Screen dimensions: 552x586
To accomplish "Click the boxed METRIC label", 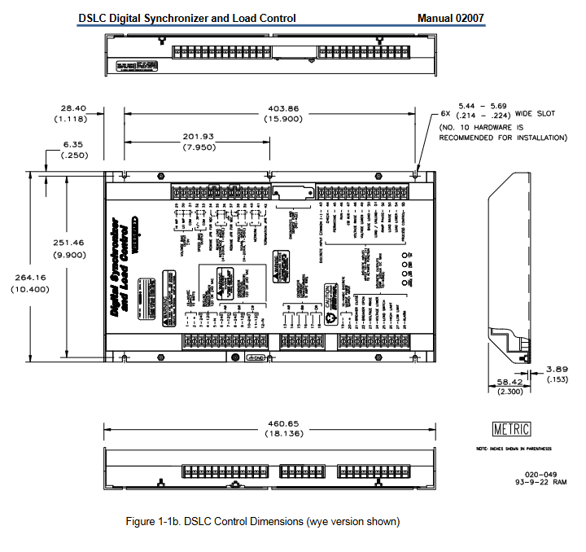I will (512, 429).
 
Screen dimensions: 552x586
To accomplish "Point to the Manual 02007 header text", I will (453, 17).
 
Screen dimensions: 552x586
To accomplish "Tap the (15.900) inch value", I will (282, 119).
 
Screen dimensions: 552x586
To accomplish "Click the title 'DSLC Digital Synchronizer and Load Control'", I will (187, 17).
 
